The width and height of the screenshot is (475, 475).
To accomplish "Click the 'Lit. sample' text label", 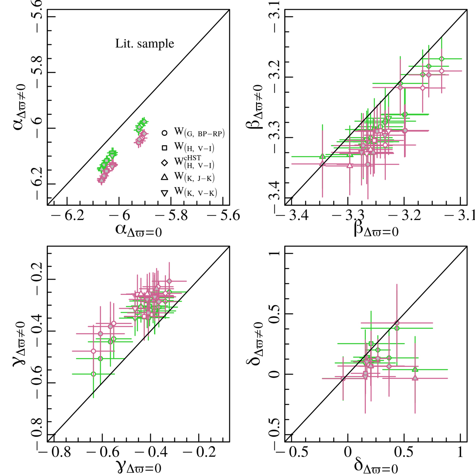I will tap(144, 44).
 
